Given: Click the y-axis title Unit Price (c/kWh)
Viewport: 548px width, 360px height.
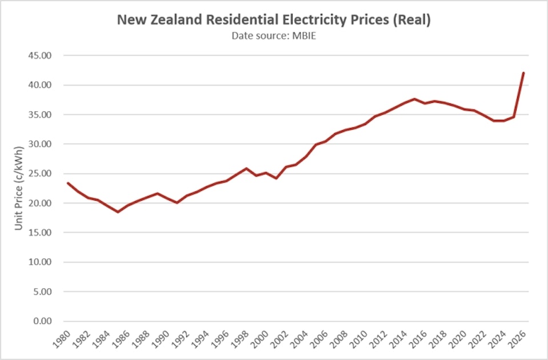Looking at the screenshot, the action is coord(18,188).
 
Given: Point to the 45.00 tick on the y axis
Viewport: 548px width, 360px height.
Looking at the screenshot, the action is coord(39,55).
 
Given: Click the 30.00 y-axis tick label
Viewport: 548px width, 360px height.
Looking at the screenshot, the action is coord(39,144).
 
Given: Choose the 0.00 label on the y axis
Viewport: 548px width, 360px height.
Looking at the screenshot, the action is coord(42,321).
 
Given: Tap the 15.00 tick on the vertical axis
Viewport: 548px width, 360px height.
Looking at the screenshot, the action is coord(39,233).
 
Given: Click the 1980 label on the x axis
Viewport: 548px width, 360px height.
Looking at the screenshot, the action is coord(61,339).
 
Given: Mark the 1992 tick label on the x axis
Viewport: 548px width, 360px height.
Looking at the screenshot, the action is coord(181,339).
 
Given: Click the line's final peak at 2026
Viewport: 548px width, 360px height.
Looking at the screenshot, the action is coord(523,73).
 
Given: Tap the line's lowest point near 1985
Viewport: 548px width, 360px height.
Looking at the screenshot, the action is coord(118,212).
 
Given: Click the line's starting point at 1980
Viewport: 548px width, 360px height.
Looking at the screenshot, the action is coord(68,183).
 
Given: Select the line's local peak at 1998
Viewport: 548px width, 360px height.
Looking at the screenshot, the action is coord(246,169).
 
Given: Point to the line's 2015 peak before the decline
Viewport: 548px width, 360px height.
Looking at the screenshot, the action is coord(414,99).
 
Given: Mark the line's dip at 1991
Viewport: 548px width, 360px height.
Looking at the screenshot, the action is coord(177,202).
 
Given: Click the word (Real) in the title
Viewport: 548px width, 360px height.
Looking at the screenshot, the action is coord(411,20).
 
